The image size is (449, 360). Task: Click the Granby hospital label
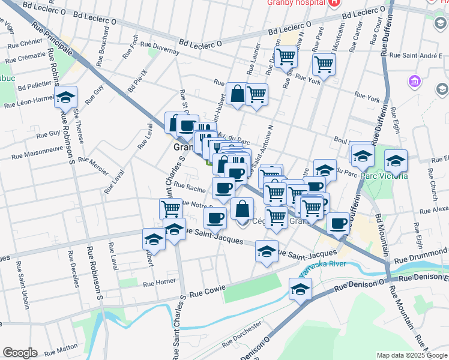[x=295, y=3]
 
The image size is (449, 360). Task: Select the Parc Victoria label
[x=385, y=176]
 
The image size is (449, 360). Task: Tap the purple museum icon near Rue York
[x=414, y=81]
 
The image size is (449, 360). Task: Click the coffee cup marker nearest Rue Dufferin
[x=339, y=223]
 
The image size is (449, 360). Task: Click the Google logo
[x=20, y=353]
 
